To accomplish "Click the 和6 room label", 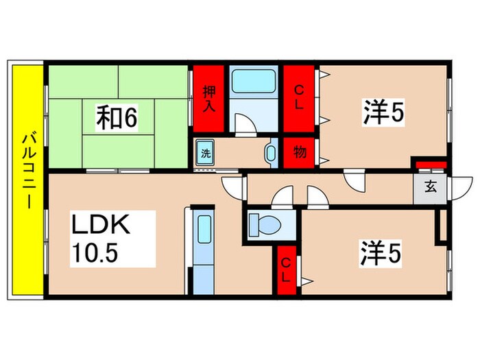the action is coord(117,117).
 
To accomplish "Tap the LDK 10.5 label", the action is coord(112,239).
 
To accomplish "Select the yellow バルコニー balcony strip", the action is coord(27,180).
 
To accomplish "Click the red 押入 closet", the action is coord(208,99).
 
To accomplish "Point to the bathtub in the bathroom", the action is coord(254,82).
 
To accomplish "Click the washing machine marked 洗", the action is coord(206,153).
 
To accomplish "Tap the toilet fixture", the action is coord(265,225).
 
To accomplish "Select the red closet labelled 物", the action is coord(299,152).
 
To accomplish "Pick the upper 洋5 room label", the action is coord(383,112).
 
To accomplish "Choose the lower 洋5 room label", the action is coord(381,253).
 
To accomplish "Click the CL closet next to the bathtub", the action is coord(299,99).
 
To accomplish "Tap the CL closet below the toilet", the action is coord(287,270).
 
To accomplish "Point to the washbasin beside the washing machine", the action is coord(271,153).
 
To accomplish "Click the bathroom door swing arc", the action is coord(245,124).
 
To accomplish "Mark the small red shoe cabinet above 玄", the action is coord(431,165).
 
